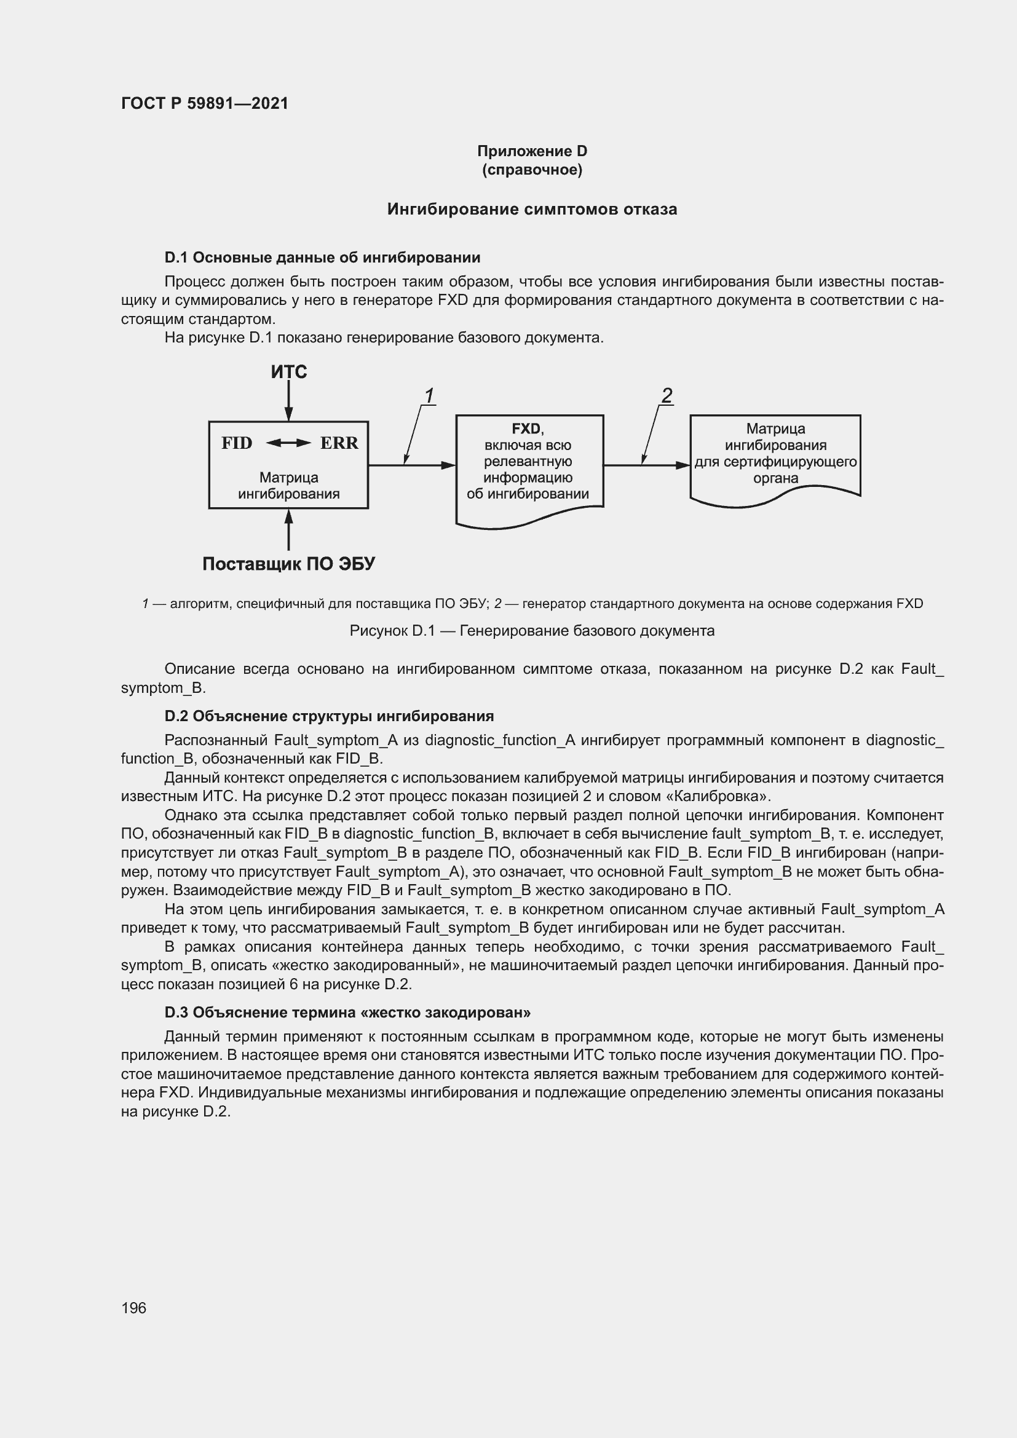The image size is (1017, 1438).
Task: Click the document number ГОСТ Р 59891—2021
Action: tap(205, 103)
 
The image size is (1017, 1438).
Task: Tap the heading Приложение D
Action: tap(532, 151)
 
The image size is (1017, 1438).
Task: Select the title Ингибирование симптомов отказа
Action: tap(532, 209)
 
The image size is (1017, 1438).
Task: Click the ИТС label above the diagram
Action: tap(289, 372)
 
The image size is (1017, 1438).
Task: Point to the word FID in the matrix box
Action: tap(237, 443)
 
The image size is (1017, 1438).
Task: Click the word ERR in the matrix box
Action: tap(339, 443)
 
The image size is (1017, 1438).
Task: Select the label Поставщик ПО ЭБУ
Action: tap(289, 564)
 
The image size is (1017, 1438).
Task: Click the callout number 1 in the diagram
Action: tap(429, 397)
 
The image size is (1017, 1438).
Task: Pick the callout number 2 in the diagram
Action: tap(667, 396)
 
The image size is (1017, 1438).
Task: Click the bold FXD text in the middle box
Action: tap(526, 429)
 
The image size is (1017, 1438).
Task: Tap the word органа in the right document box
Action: tap(775, 478)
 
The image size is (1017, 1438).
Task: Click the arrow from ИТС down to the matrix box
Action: tap(289, 401)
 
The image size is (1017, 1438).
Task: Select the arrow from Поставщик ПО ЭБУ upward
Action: tap(289, 530)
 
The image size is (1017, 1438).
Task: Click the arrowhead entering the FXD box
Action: tap(448, 465)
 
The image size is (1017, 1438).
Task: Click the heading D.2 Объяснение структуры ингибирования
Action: tap(329, 716)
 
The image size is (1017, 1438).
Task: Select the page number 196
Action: tap(133, 1308)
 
